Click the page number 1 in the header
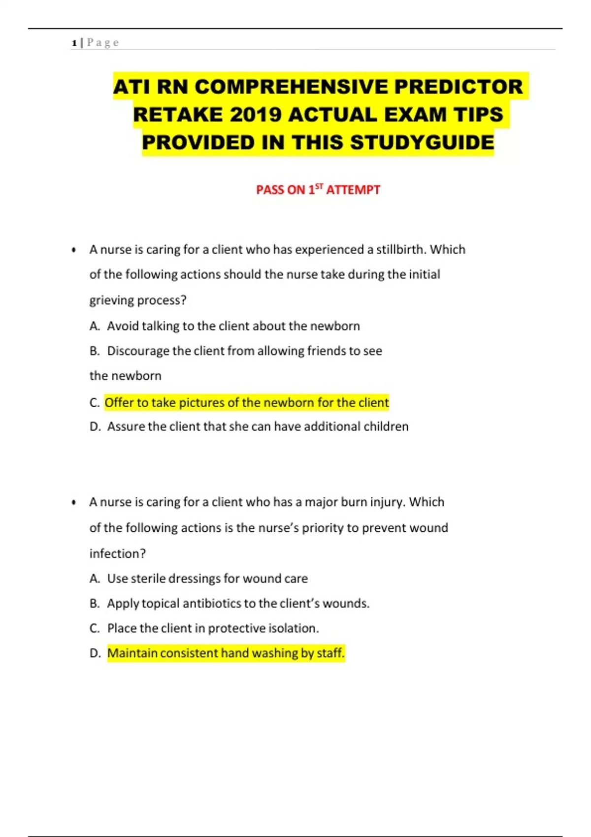[74, 43]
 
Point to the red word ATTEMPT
[353, 190]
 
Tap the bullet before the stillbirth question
[74, 250]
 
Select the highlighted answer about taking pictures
[247, 403]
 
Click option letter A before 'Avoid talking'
[95, 326]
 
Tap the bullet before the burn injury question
[74, 503]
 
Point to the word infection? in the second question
[118, 554]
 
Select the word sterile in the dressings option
[148, 579]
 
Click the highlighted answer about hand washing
[226, 653]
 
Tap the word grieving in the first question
[112, 300]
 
